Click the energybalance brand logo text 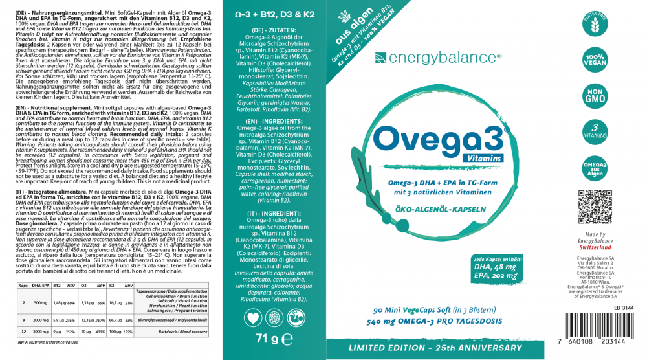[x=446, y=58]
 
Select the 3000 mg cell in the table [x=40, y=331]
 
